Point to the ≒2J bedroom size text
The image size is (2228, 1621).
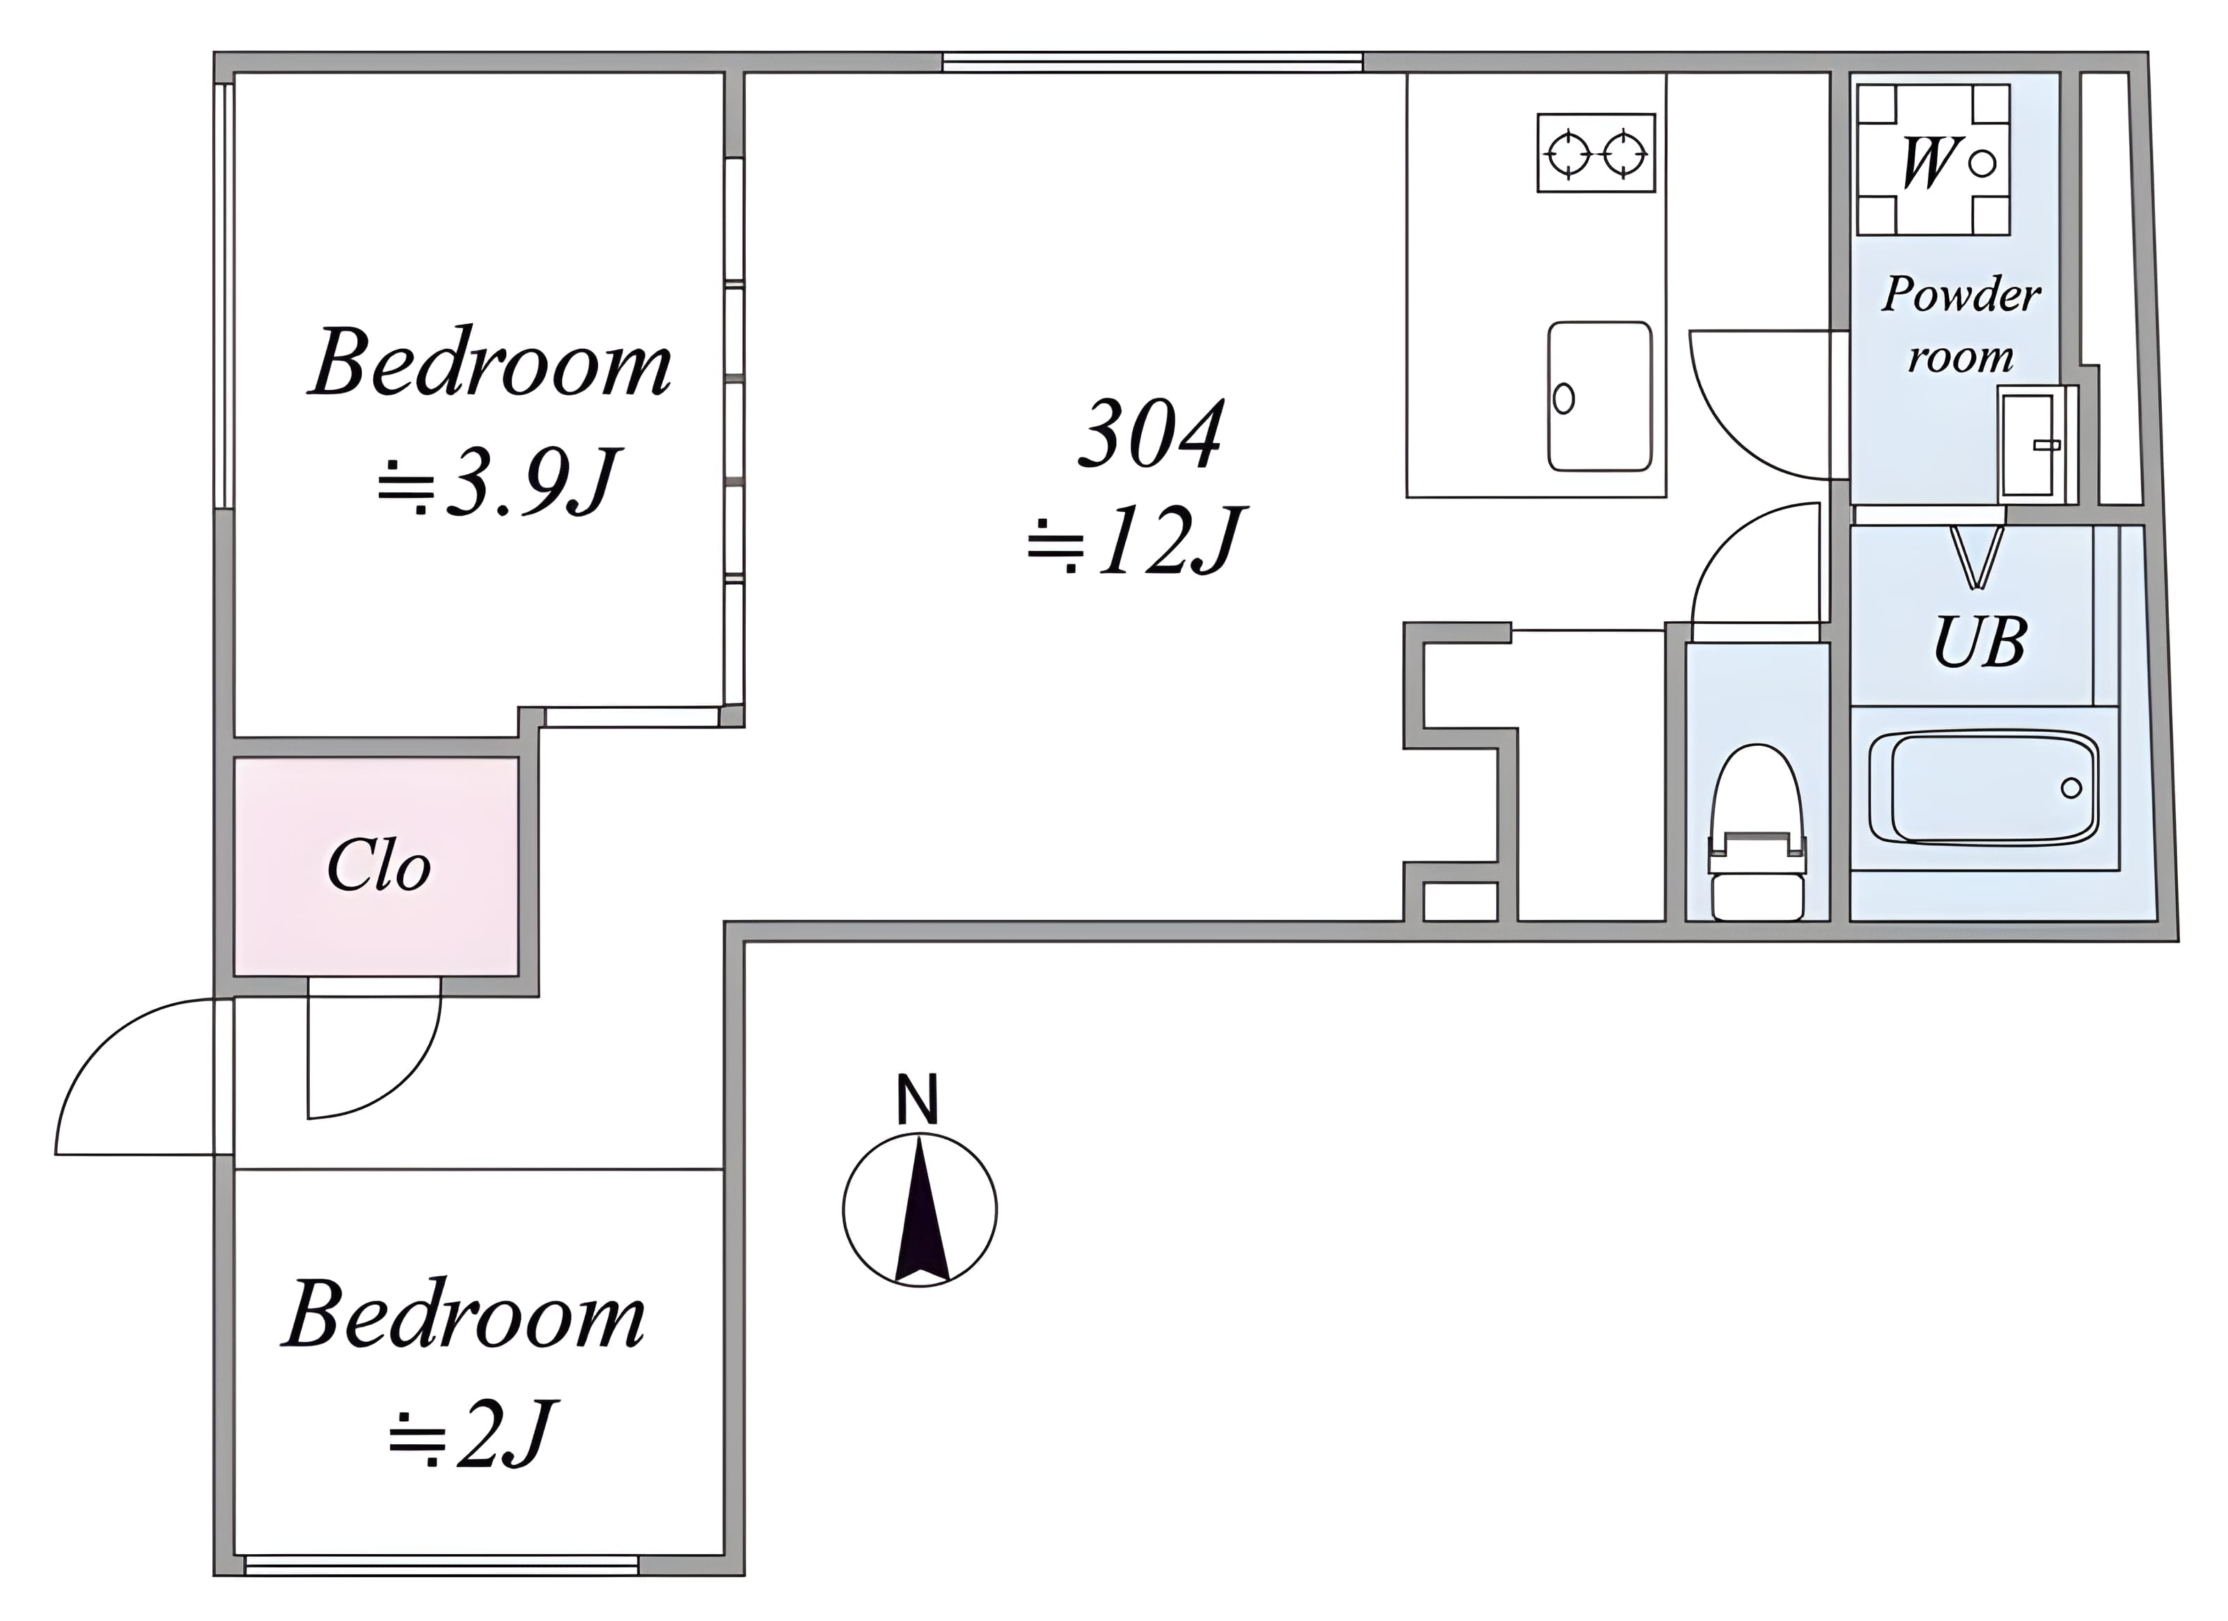coord(473,1434)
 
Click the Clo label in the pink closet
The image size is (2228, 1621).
coord(378,866)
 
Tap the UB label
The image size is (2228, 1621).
coord(1979,643)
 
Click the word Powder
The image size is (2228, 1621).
coord(1961,294)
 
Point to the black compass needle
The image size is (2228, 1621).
coord(920,1209)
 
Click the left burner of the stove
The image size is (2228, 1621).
coord(1568,153)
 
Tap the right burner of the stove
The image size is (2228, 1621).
coord(1623,153)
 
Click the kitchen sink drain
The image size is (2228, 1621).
coord(1564,399)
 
